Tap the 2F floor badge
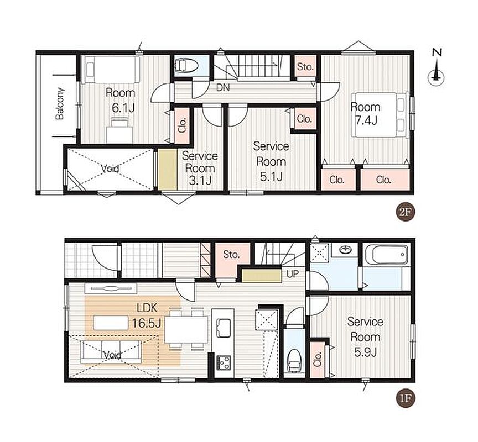click(406, 212)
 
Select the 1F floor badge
click(406, 398)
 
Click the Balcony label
click(59, 103)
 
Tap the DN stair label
click(223, 88)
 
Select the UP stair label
click(293, 273)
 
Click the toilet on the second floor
click(186, 65)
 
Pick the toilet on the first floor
click(295, 360)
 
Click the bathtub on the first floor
click(386, 255)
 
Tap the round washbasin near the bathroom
click(345, 250)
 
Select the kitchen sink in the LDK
click(224, 327)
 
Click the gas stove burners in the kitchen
click(224, 362)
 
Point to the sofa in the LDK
click(111, 351)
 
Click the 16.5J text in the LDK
click(146, 323)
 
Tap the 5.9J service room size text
click(366, 352)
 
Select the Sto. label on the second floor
click(305, 66)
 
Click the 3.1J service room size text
click(200, 181)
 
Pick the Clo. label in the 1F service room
click(318, 360)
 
